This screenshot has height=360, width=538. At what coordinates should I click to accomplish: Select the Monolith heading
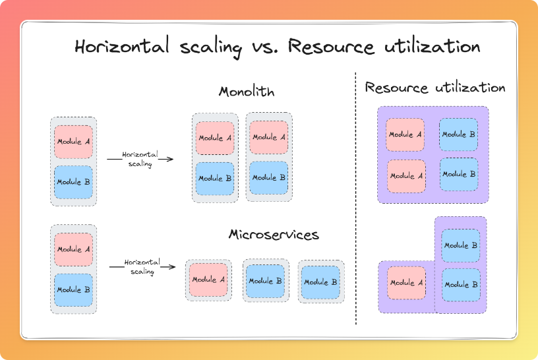point(247,92)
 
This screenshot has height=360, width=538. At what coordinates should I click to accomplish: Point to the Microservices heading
point(274,235)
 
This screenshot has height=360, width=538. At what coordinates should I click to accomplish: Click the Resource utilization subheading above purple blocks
point(435,88)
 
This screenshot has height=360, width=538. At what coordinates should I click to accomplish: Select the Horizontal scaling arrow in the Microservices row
point(142,267)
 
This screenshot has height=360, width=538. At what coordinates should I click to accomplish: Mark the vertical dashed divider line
point(356,198)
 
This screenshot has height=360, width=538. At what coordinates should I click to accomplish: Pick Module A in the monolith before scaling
point(74,142)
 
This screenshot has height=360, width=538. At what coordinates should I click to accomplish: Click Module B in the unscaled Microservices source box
point(74,289)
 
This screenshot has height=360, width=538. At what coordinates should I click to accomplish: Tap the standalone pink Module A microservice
point(208,280)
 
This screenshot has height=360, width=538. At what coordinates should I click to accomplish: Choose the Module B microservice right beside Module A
point(266,280)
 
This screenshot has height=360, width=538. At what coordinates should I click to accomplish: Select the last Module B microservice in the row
point(320,282)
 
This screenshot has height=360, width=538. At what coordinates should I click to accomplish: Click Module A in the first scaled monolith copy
point(215,138)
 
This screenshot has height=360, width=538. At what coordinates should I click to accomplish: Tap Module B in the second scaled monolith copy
point(268,178)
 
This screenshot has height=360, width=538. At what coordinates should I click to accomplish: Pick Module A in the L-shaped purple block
point(405,283)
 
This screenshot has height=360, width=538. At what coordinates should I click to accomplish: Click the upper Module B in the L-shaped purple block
point(460,245)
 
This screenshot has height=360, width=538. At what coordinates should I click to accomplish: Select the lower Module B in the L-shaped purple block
point(460,285)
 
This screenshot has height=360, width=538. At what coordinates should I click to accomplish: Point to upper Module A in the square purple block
point(405,135)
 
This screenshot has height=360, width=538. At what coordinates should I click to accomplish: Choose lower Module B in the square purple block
point(459,175)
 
